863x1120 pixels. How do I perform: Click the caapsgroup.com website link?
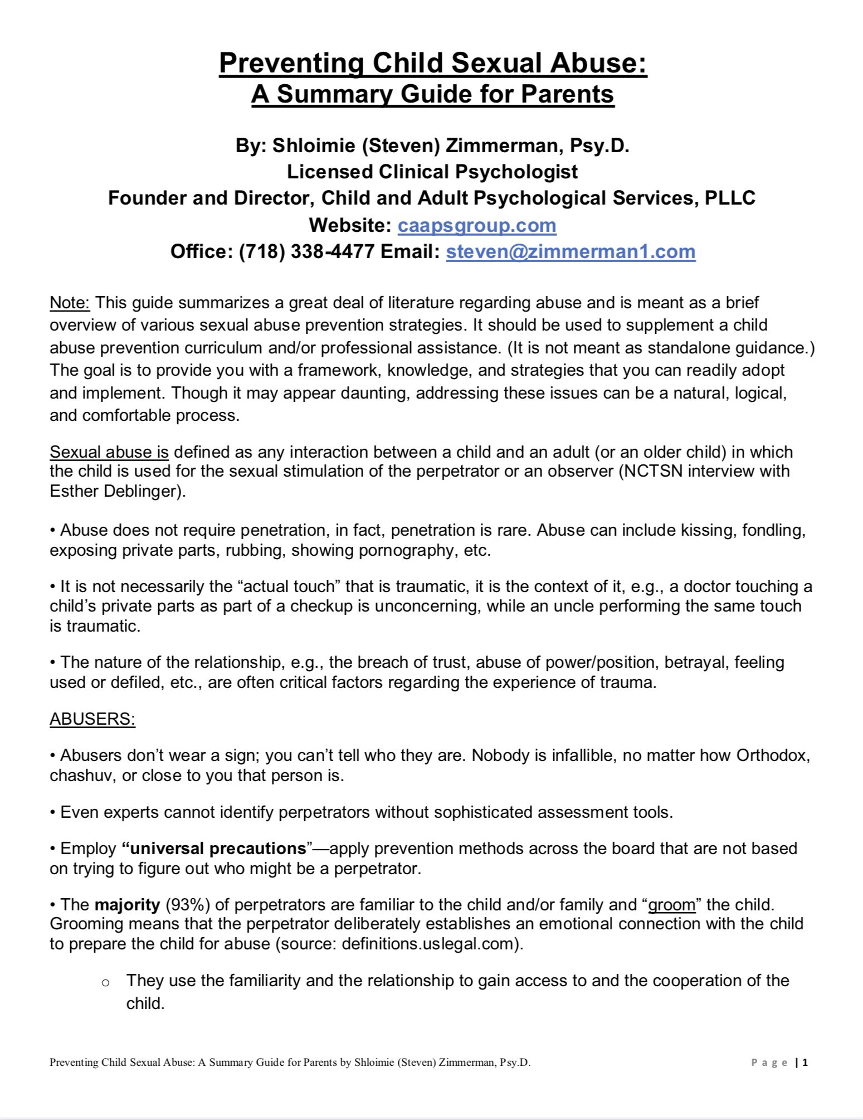(x=477, y=225)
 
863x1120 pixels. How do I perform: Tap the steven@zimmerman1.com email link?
(x=571, y=251)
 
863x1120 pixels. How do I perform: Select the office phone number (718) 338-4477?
(x=306, y=251)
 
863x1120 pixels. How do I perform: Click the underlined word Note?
(x=70, y=303)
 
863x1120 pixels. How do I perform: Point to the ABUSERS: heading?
(x=92, y=719)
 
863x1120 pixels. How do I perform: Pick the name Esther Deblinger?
(x=115, y=491)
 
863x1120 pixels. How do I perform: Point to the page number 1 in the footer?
(x=805, y=1063)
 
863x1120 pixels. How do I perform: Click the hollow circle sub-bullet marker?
(x=106, y=982)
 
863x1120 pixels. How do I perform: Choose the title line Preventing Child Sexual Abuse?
(x=433, y=63)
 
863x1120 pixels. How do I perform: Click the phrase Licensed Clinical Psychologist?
(x=432, y=172)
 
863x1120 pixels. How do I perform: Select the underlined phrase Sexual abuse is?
(x=109, y=452)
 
